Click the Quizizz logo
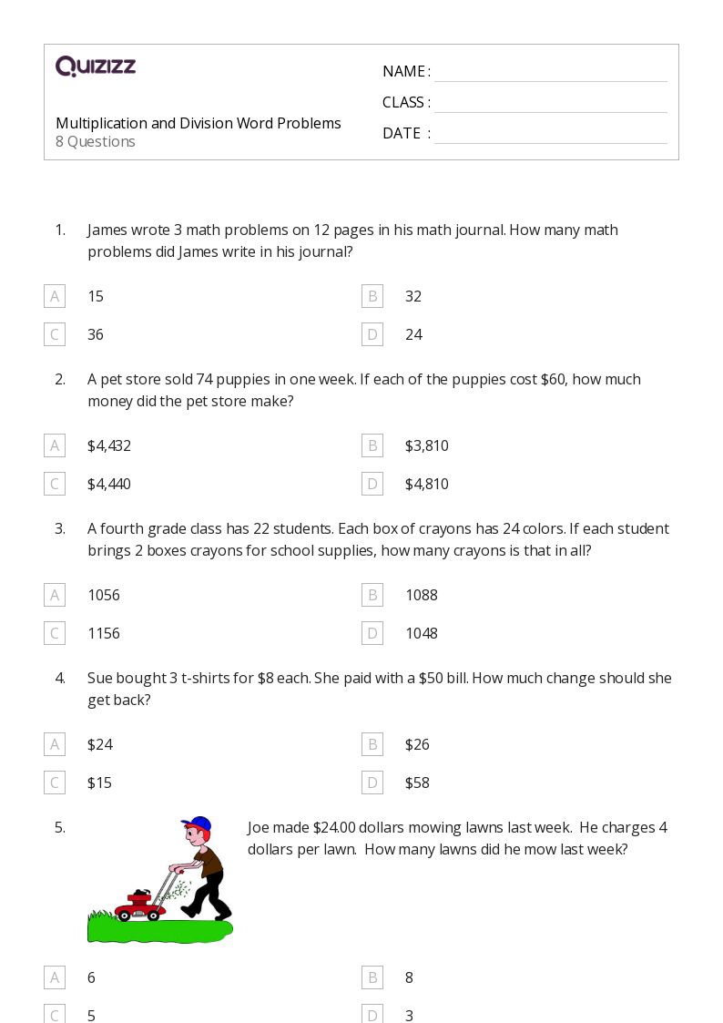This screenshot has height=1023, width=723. tap(96, 66)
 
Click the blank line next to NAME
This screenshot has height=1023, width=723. tap(550, 73)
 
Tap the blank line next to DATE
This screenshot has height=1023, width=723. tap(550, 135)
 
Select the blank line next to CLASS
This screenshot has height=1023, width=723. tap(550, 104)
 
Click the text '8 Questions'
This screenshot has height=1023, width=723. tap(96, 142)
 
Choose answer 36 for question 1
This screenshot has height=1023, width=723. tap(96, 334)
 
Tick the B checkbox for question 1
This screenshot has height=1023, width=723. tap(372, 296)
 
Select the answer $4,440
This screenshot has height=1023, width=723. tap(109, 484)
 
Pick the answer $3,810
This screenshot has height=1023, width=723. tap(426, 445)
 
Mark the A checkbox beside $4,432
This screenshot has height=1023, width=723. tap(55, 445)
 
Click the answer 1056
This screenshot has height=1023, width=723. tap(104, 595)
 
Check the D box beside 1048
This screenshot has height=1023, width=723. tap(372, 633)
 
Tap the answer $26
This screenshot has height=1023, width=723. tap(417, 744)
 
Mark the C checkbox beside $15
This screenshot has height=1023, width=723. tap(55, 783)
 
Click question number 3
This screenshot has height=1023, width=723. tap(60, 528)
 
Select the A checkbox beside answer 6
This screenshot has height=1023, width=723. tap(55, 977)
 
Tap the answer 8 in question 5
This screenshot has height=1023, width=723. tap(409, 977)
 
